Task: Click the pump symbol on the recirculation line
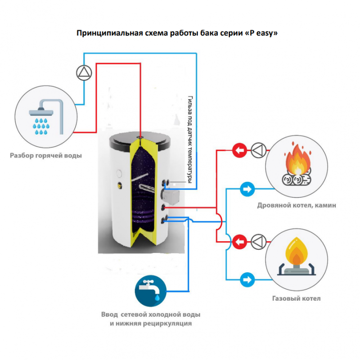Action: point(84,72)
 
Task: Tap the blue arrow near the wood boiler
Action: point(247,189)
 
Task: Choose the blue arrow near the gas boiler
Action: point(247,279)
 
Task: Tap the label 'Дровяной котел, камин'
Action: point(297,205)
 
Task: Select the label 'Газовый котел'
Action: point(297,298)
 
